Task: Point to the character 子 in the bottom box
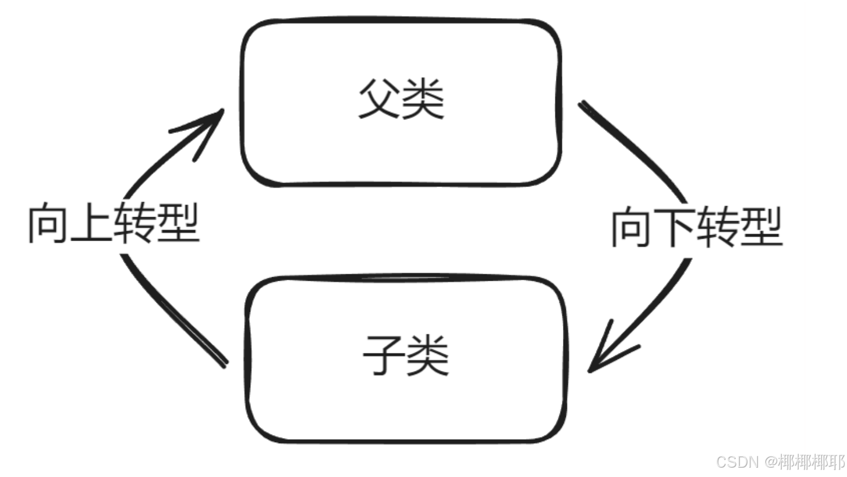pos(384,355)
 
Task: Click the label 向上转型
pos(114,224)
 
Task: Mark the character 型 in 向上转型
pos(179,224)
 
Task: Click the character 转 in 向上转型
pos(136,224)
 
